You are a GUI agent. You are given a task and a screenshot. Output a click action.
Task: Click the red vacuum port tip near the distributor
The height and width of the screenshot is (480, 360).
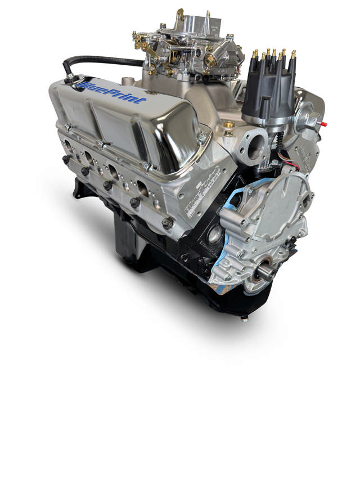[319, 120]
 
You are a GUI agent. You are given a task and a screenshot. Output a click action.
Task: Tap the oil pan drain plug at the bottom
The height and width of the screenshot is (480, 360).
[244, 318]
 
